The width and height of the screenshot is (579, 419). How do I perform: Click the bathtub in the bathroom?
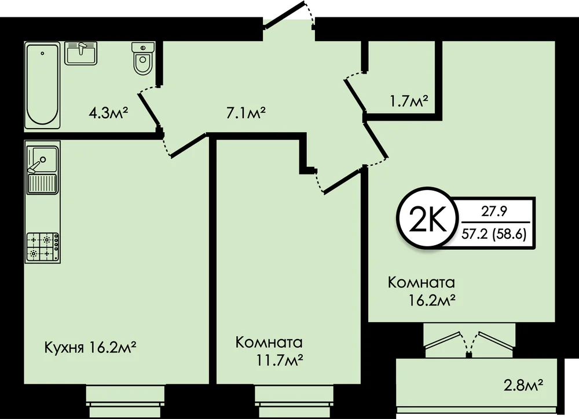[42, 85]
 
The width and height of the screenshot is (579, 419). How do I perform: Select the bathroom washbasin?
[81, 53]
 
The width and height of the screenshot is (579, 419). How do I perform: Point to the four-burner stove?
[42, 247]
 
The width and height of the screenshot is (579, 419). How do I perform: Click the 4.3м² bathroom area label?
[108, 112]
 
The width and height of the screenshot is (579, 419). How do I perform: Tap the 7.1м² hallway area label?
[246, 112]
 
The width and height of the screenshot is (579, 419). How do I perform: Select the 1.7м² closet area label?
[409, 100]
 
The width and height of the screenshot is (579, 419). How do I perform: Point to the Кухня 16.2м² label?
[90, 347]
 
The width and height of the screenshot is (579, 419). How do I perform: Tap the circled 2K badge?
[427, 218]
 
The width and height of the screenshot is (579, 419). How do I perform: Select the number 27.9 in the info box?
[494, 212]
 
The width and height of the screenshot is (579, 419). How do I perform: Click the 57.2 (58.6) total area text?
[494, 234]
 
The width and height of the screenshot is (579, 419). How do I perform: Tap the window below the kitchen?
[126, 401]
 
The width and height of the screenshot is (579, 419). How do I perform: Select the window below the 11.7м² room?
[294, 401]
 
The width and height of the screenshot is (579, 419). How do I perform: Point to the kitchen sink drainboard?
[42, 184]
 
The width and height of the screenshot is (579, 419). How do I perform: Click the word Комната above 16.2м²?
[422, 283]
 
